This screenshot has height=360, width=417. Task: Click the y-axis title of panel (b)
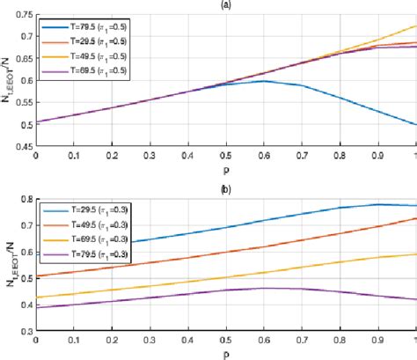tap(8, 264)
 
